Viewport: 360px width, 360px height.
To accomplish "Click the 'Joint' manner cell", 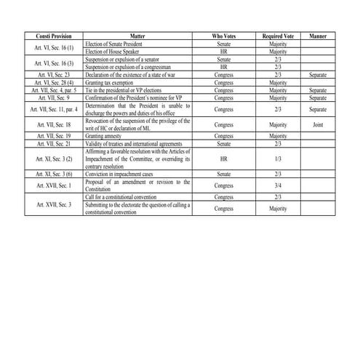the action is coord(317,124).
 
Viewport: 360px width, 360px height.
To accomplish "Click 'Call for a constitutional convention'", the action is coord(124,196).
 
